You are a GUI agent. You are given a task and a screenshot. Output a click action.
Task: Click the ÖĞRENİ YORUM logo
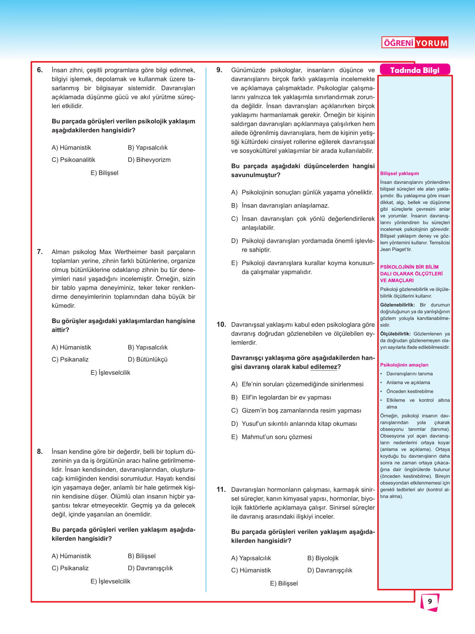tap(415, 43)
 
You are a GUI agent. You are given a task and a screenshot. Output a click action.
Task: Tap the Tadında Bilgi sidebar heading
tap(415, 70)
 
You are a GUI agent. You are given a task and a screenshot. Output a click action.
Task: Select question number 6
tap(40, 70)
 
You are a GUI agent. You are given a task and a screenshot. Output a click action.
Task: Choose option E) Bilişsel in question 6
tap(104, 173)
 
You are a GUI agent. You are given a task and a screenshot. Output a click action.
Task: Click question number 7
tap(40, 252)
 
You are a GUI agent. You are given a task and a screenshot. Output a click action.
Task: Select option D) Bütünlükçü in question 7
tap(148, 360)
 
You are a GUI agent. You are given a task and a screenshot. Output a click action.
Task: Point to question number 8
tap(40, 452)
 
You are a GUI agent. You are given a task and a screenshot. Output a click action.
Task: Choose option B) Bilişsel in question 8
tap(142, 556)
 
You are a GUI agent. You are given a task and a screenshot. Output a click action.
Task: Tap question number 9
tap(219, 70)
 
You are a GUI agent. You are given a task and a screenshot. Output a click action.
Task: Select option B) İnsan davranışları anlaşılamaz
tap(280, 205)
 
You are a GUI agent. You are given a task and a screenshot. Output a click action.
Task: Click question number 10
tap(221, 324)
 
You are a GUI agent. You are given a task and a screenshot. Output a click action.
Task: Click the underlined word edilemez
tap(323, 367)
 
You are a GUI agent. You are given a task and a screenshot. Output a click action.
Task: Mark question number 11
tap(221, 489)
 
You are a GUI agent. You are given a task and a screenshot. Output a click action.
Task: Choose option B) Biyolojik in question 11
tap(323, 558)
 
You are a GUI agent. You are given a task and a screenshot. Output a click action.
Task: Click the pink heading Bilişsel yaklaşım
tap(399, 173)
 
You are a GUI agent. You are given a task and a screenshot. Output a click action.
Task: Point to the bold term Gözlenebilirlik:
tap(397, 305)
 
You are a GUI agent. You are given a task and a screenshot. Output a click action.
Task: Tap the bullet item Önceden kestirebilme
tap(409, 392)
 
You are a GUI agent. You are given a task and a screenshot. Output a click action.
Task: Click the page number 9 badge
tap(430, 601)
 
